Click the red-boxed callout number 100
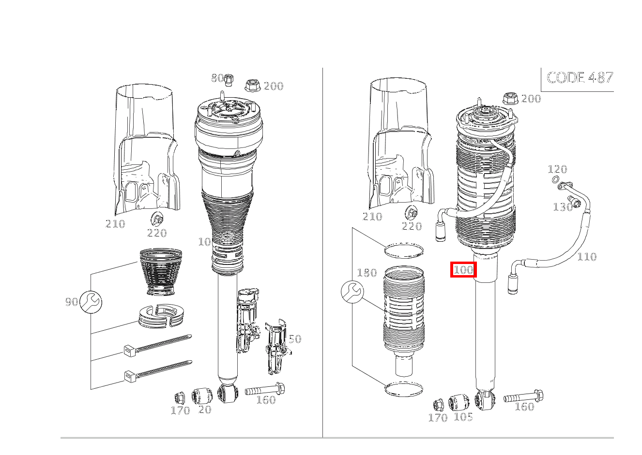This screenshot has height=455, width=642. point(463,269)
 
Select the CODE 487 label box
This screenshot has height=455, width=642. point(577,80)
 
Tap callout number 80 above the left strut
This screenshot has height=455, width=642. point(217,78)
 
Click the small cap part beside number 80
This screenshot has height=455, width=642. point(229,80)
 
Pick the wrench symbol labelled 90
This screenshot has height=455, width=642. point(91,302)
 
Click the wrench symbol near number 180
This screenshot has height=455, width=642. point(352,292)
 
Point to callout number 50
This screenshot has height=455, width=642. point(295,339)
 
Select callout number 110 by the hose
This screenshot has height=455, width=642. point(587,257)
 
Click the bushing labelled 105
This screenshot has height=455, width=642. point(459,403)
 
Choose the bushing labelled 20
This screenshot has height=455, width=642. point(202,396)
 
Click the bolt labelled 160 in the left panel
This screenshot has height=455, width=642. point(265,389)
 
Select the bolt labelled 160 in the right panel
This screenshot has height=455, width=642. point(523,396)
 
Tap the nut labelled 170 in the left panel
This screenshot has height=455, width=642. point(180,397)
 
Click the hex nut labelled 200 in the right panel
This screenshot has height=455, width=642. point(510,99)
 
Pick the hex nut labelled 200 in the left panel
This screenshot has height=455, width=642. point(253,86)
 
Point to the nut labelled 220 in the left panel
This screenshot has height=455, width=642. point(157,219)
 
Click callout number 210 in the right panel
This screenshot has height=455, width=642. point(372,217)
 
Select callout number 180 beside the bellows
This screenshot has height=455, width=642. point(367,273)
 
